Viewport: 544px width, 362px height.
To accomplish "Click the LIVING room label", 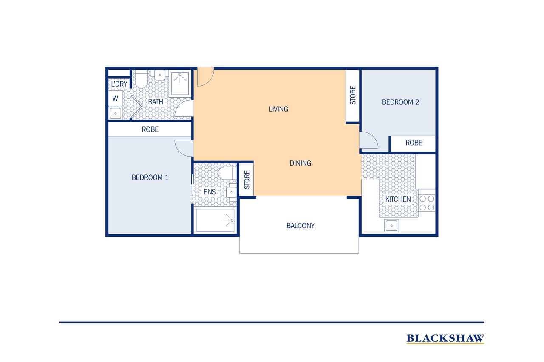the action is [278, 109].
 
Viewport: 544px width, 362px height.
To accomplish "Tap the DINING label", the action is [300, 163].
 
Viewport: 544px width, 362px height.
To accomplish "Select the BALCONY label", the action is [300, 226].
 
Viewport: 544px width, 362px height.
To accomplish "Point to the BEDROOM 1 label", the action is [150, 177].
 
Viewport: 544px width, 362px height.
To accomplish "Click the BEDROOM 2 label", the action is [400, 102].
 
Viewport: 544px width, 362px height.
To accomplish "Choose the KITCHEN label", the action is [398, 199].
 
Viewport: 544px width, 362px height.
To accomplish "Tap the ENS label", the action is [210, 192].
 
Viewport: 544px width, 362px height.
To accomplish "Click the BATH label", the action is [156, 102].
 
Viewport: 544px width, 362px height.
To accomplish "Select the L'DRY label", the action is [119, 84].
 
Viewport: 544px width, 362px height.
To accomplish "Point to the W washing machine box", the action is [115, 98].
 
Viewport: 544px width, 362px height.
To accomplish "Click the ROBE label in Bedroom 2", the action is [414, 143].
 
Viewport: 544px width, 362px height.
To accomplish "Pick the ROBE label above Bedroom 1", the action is [150, 129].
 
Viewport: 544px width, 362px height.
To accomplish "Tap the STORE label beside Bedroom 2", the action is [353, 95].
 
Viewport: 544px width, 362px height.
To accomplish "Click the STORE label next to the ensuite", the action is [247, 180].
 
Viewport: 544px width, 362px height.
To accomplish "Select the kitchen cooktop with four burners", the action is [427, 203].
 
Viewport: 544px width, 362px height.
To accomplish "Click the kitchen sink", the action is [391, 225].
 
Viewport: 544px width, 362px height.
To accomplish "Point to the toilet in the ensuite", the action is [227, 173].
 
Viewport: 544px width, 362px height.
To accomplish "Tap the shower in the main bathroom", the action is [180, 84].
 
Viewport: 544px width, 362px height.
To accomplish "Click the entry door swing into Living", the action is [205, 77].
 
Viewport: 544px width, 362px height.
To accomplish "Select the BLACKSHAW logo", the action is [445, 339].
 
